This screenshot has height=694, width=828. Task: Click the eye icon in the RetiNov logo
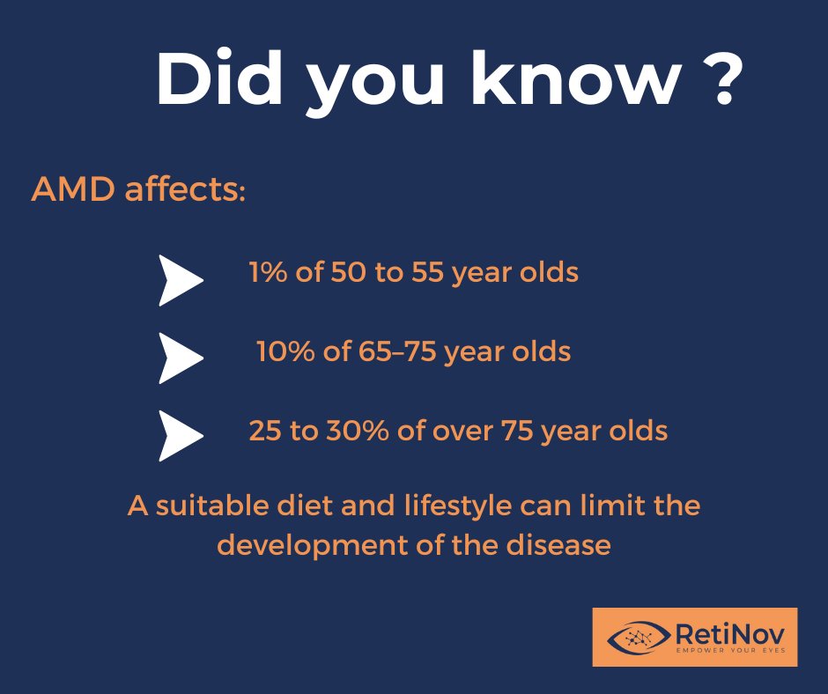point(637,636)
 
